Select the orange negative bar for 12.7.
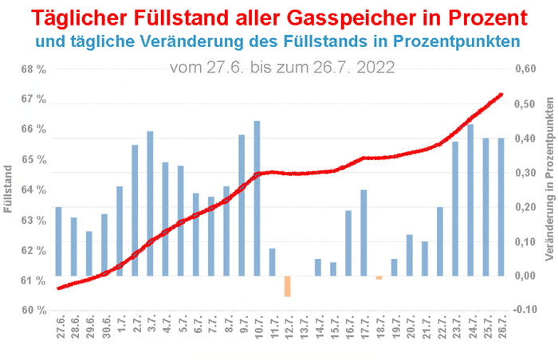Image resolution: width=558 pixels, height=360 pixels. pyautogui.click(x=287, y=286)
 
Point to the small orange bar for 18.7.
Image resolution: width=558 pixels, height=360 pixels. pyautogui.click(x=379, y=278)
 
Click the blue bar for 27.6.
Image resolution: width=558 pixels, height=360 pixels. pyautogui.click(x=58, y=241)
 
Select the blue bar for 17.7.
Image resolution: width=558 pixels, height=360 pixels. pyautogui.click(x=363, y=233)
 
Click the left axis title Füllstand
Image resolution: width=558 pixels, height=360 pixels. pyautogui.click(x=9, y=188)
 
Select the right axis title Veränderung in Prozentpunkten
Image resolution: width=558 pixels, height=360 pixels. pyautogui.click(x=548, y=188)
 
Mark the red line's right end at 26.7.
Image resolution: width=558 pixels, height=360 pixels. pyautogui.click(x=501, y=94)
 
